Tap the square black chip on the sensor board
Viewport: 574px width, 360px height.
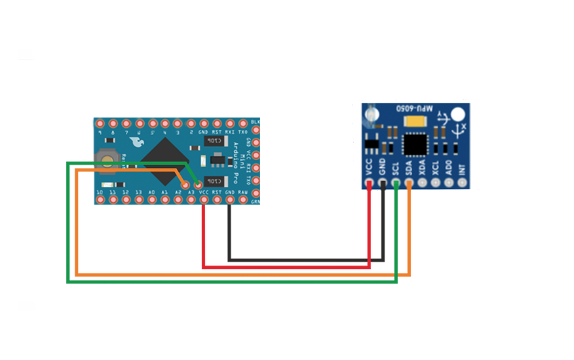tap(415, 144)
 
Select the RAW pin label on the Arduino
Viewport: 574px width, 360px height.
tap(242, 193)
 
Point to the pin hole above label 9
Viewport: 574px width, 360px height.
tap(100, 123)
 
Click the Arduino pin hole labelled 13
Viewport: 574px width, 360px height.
tap(139, 185)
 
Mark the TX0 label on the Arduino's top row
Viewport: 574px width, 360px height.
tap(242, 132)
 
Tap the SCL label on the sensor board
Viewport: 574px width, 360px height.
tap(396, 169)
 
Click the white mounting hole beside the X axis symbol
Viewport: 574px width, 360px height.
tap(459, 115)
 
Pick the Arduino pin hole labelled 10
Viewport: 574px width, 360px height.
tap(100, 185)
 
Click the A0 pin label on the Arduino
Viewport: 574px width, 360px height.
tap(152, 193)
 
